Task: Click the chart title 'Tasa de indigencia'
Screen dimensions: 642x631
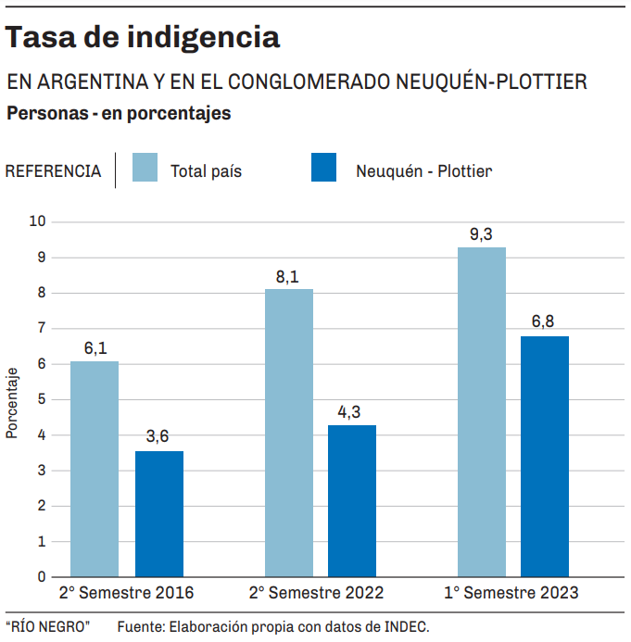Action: pos(143,37)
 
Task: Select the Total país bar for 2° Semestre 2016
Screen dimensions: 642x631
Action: pos(95,468)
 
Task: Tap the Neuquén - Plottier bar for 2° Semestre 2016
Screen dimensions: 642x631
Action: pos(159,513)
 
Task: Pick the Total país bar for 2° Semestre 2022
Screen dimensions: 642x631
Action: pos(289,433)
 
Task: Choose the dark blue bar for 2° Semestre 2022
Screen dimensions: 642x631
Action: pos(352,500)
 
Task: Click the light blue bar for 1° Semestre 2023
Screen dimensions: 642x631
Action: pos(482,411)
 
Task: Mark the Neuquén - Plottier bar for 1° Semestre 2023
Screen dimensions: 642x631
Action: pos(545,456)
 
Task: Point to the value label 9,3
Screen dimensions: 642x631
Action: pos(481,234)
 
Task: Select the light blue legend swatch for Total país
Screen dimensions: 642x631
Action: pos(145,169)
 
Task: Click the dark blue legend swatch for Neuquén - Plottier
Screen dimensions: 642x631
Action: pos(323,169)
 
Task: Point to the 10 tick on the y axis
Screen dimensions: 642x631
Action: pos(38,221)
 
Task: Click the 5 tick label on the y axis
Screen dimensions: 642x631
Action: pos(42,399)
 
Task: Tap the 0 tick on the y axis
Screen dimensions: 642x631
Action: pos(42,576)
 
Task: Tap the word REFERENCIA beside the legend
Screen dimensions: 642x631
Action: pos(53,171)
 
